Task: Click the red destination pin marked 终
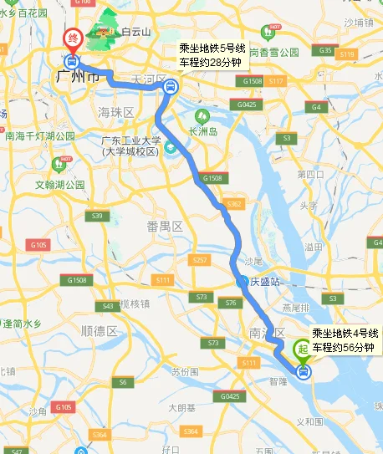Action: pyautogui.click(x=73, y=38)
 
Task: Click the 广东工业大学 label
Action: pyautogui.click(x=130, y=141)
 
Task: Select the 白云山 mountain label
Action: pyautogui.click(x=135, y=32)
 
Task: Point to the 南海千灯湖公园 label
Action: pyautogui.click(x=38, y=135)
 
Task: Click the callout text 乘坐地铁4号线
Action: pyautogui.click(x=345, y=334)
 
